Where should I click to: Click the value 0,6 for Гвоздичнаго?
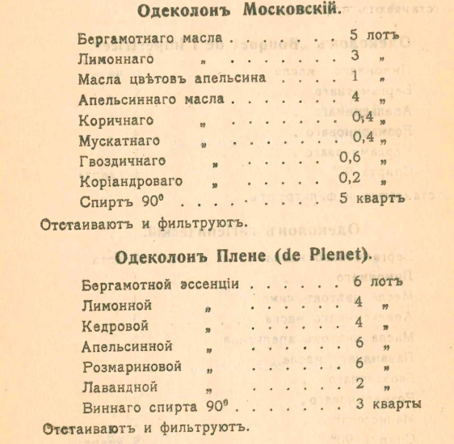(x=354, y=157)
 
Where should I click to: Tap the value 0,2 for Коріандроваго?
(x=353, y=177)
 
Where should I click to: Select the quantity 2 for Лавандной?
(x=359, y=383)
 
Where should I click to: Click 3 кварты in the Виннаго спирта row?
(x=389, y=404)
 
